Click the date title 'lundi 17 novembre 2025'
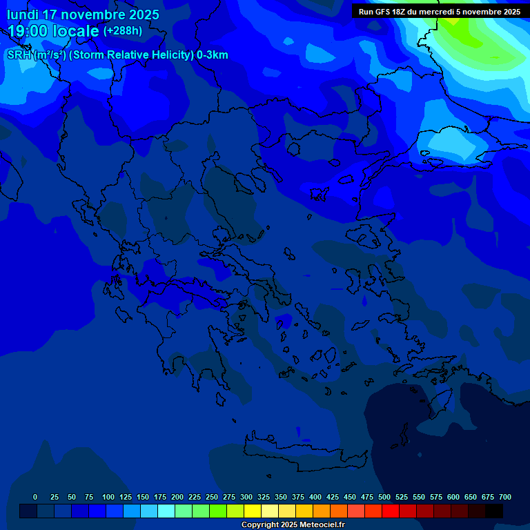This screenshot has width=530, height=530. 83,14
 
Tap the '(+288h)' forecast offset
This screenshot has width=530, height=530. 123,31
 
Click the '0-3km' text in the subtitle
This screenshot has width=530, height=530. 212,55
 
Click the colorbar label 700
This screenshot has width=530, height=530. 505,497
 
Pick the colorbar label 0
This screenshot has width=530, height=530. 35,497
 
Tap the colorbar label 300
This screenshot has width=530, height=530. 246,497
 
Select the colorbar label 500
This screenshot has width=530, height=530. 384,497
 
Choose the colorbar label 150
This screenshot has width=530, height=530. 143,497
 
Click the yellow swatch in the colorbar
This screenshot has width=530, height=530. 253,511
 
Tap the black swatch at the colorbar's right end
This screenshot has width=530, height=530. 494,511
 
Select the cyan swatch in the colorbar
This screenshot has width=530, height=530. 166,511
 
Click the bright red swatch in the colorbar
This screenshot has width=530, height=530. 391,511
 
